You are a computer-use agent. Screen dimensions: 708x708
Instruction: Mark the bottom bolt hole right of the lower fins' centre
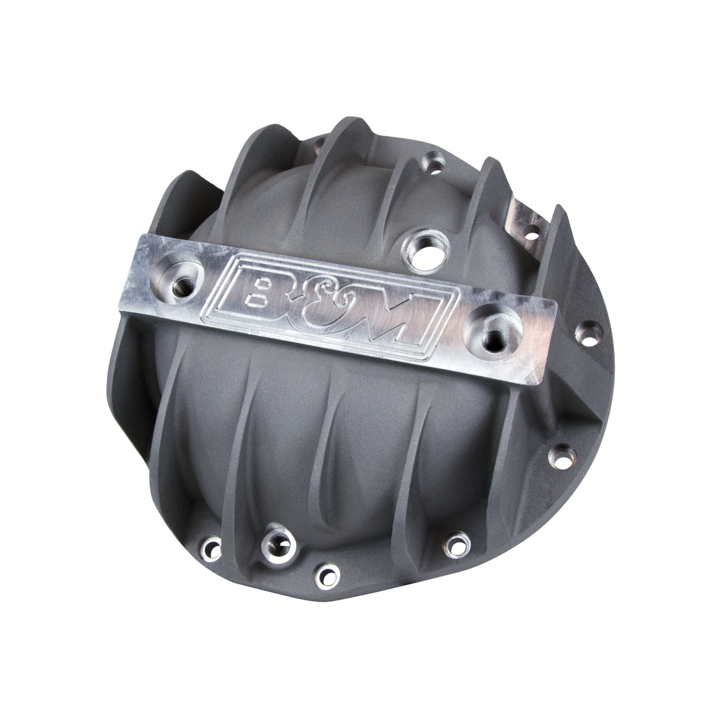click(x=453, y=544)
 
